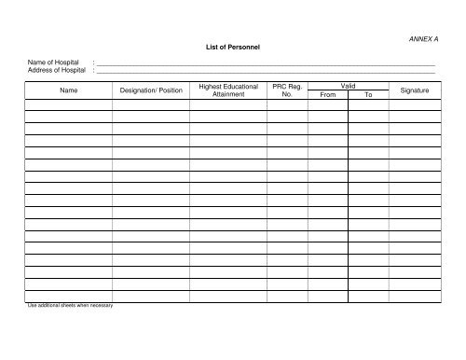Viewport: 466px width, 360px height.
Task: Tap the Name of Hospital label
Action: (54, 62)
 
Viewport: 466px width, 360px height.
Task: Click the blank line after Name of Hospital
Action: (266, 63)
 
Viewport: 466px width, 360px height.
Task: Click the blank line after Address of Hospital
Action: (266, 72)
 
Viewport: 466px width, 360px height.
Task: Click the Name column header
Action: (68, 90)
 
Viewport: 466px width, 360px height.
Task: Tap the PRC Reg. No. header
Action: (286, 90)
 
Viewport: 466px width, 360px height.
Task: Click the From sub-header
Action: (327, 94)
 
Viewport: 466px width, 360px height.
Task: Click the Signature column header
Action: (414, 90)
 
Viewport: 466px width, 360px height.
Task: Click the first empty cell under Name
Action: (68, 105)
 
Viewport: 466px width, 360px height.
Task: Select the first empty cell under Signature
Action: (414, 105)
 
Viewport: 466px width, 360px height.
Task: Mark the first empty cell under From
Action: (327, 105)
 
